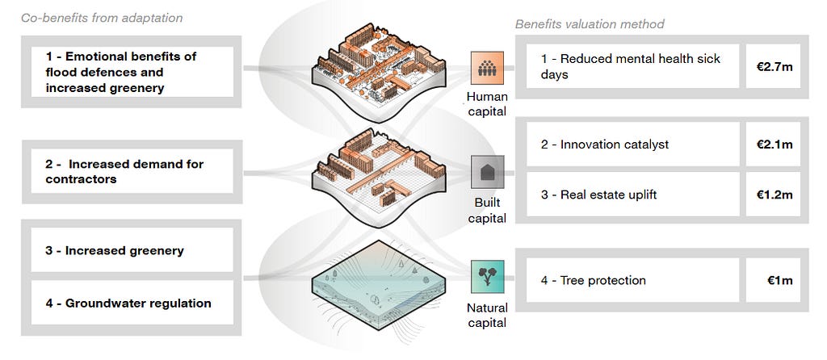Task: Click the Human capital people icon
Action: point(488,68)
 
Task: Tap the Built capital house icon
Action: point(488,172)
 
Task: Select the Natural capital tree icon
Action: point(488,276)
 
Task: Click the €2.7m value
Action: point(775,66)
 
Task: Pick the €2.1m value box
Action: point(775,144)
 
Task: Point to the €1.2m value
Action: point(775,195)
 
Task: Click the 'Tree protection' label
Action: point(594,280)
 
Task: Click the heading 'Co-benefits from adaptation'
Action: point(102,18)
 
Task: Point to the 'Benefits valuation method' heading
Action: point(590,24)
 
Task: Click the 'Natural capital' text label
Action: point(487,315)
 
